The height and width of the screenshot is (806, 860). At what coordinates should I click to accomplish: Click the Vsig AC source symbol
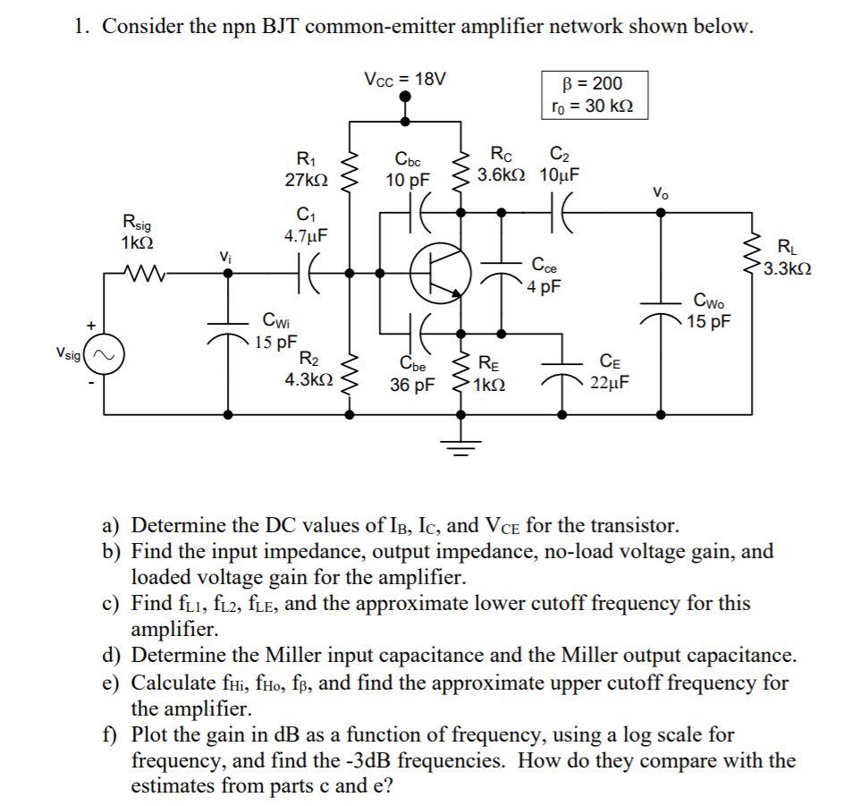click(x=104, y=355)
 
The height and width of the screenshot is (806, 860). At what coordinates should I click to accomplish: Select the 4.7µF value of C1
click(x=305, y=237)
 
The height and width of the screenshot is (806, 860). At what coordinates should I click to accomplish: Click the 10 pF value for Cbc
click(x=408, y=180)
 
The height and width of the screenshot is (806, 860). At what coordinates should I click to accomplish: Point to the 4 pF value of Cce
click(x=544, y=287)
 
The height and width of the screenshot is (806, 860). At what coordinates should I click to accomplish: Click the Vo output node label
click(x=660, y=191)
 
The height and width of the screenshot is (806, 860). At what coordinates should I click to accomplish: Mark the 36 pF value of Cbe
click(x=412, y=386)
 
